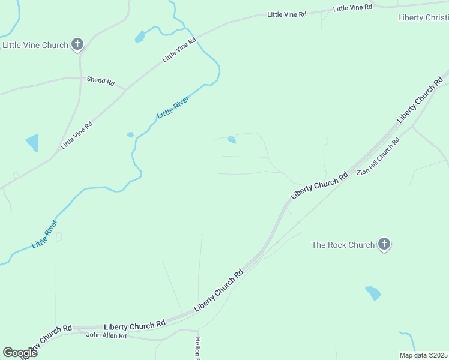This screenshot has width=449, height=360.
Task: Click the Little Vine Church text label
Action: tap(35, 45)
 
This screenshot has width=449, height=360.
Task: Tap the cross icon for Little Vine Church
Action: tap(77, 44)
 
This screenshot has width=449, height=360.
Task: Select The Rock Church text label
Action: tap(343, 245)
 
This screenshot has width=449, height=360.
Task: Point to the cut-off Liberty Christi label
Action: tap(423, 17)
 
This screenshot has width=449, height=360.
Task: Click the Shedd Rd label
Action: tap(100, 80)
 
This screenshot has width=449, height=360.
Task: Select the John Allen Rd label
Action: tap(106, 335)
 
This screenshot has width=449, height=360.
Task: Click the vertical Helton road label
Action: tap(197, 348)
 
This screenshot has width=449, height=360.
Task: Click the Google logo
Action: tap(20, 353)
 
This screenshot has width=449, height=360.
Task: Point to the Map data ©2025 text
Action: tap(423, 355)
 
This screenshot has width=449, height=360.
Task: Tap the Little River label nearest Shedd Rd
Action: tap(173, 107)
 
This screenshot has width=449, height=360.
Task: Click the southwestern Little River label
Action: tap(45, 234)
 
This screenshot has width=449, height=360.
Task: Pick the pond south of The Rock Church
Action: tap(373, 293)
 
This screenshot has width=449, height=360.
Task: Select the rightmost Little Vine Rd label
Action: tap(352, 8)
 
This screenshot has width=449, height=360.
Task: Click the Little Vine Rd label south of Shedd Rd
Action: tap(76, 135)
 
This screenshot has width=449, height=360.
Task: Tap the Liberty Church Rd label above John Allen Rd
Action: tap(134, 325)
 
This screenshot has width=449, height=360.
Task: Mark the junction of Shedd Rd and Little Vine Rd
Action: tap(125, 90)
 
